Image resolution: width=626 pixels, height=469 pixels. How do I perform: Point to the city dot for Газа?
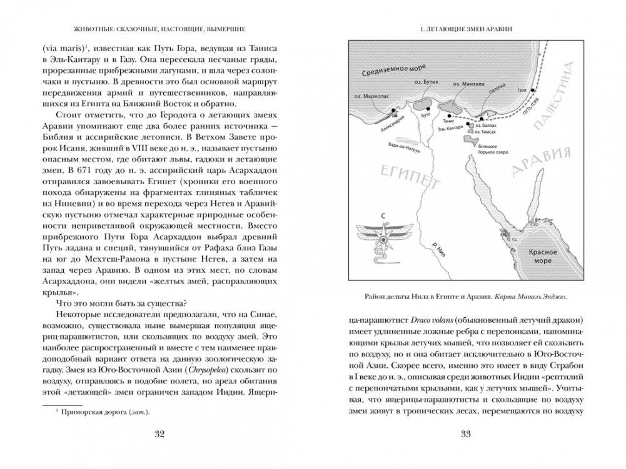click(532, 90)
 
